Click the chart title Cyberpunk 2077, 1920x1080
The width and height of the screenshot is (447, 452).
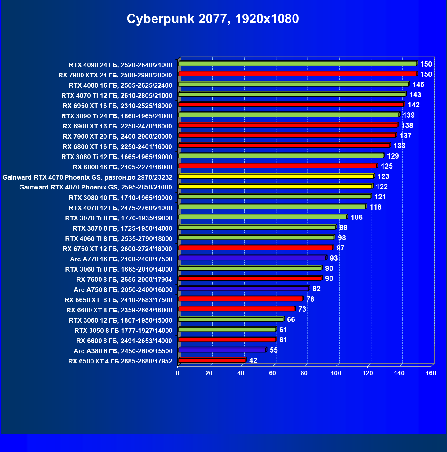point(213,19)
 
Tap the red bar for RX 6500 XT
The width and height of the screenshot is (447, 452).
point(211,360)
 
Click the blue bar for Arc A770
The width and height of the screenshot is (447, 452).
point(252,258)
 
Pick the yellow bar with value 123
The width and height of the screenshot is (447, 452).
point(276,176)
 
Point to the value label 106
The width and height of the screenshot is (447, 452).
point(356,217)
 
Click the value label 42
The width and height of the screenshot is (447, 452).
point(253,360)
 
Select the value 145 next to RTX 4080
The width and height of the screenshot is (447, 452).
point(418,85)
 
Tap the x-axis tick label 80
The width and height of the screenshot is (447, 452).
point(304,373)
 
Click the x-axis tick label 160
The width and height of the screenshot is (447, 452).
point(431,373)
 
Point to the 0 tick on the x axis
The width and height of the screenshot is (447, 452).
point(178,373)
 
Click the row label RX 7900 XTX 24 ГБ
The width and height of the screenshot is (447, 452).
point(115,75)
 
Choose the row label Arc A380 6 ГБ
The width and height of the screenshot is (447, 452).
point(123,351)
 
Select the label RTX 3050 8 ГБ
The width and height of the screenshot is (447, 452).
point(123,331)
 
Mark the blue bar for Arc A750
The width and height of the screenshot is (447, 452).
point(243,289)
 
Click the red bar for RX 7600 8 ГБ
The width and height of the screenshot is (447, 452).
point(250,278)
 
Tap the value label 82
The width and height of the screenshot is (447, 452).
point(316,289)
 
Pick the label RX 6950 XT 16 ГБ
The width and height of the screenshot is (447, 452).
point(117,106)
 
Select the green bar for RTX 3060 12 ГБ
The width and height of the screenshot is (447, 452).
point(231,319)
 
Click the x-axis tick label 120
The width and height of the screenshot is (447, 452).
point(368,373)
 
